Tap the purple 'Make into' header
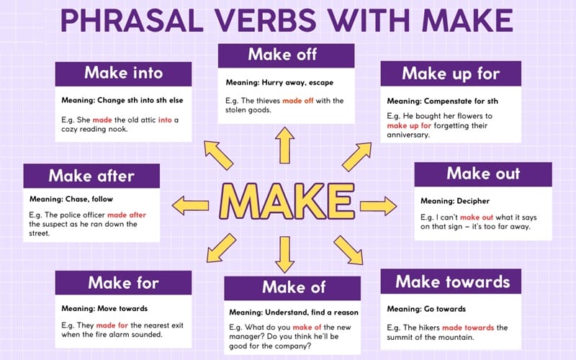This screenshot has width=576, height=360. [x=123, y=73]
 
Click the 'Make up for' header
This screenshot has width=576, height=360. [x=451, y=73]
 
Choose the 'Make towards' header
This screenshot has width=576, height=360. [x=452, y=282]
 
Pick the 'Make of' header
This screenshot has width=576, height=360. [x=294, y=287]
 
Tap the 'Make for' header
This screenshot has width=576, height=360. [x=123, y=283]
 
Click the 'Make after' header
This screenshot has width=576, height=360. [x=91, y=176]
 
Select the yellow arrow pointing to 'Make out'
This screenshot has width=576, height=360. [x=378, y=206]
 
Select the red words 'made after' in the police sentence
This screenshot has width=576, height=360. [x=127, y=215]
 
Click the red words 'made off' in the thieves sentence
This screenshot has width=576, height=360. [x=302, y=100]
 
